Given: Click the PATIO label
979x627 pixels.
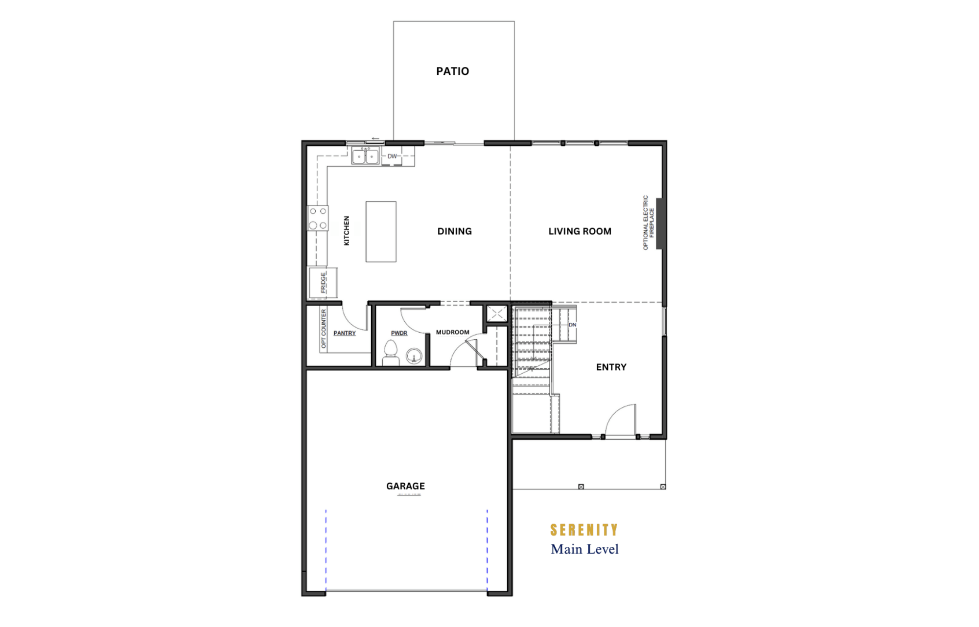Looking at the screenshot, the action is [452, 71].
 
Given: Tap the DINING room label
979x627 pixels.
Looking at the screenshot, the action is [454, 231].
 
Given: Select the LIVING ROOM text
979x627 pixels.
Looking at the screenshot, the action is [580, 231].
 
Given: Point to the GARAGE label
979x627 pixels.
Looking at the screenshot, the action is [405, 486].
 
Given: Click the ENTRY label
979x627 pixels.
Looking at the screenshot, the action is [611, 367].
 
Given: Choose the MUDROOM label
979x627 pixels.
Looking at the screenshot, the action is [452, 332].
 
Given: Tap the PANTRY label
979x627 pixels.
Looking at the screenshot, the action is [345, 333].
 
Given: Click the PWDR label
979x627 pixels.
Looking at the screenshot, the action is [399, 333].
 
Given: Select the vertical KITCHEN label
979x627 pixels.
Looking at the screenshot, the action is [347, 231].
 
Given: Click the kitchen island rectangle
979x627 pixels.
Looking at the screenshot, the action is [381, 232].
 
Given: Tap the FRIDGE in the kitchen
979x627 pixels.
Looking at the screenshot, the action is [323, 283].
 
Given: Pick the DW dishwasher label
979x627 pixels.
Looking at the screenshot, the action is [392, 157].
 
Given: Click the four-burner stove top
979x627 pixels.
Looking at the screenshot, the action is [318, 218].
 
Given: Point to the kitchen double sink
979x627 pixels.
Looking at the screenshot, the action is [365, 156].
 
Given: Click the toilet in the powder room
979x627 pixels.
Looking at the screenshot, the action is [391, 353].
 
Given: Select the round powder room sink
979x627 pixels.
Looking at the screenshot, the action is [414, 356].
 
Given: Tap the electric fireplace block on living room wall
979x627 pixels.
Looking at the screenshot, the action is [659, 224].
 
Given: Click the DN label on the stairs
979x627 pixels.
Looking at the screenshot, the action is [572, 325].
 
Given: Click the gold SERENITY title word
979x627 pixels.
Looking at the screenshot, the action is [584, 530].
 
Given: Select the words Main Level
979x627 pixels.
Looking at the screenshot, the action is [584, 549].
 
